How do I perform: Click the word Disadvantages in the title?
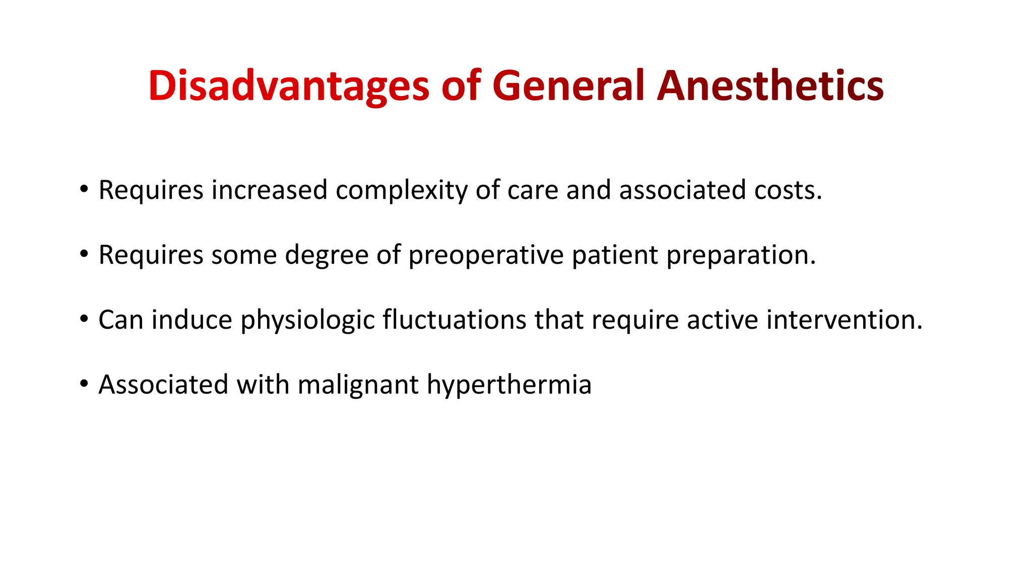tap(288, 86)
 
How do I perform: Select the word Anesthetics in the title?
tap(770, 86)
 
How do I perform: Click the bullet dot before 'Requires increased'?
tap(84, 190)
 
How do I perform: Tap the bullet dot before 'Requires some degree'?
tap(84, 255)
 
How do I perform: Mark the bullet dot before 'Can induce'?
tap(84, 320)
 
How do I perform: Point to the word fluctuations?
tap(454, 320)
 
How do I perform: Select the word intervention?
tap(844, 320)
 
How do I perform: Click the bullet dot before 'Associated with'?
tap(84, 385)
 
